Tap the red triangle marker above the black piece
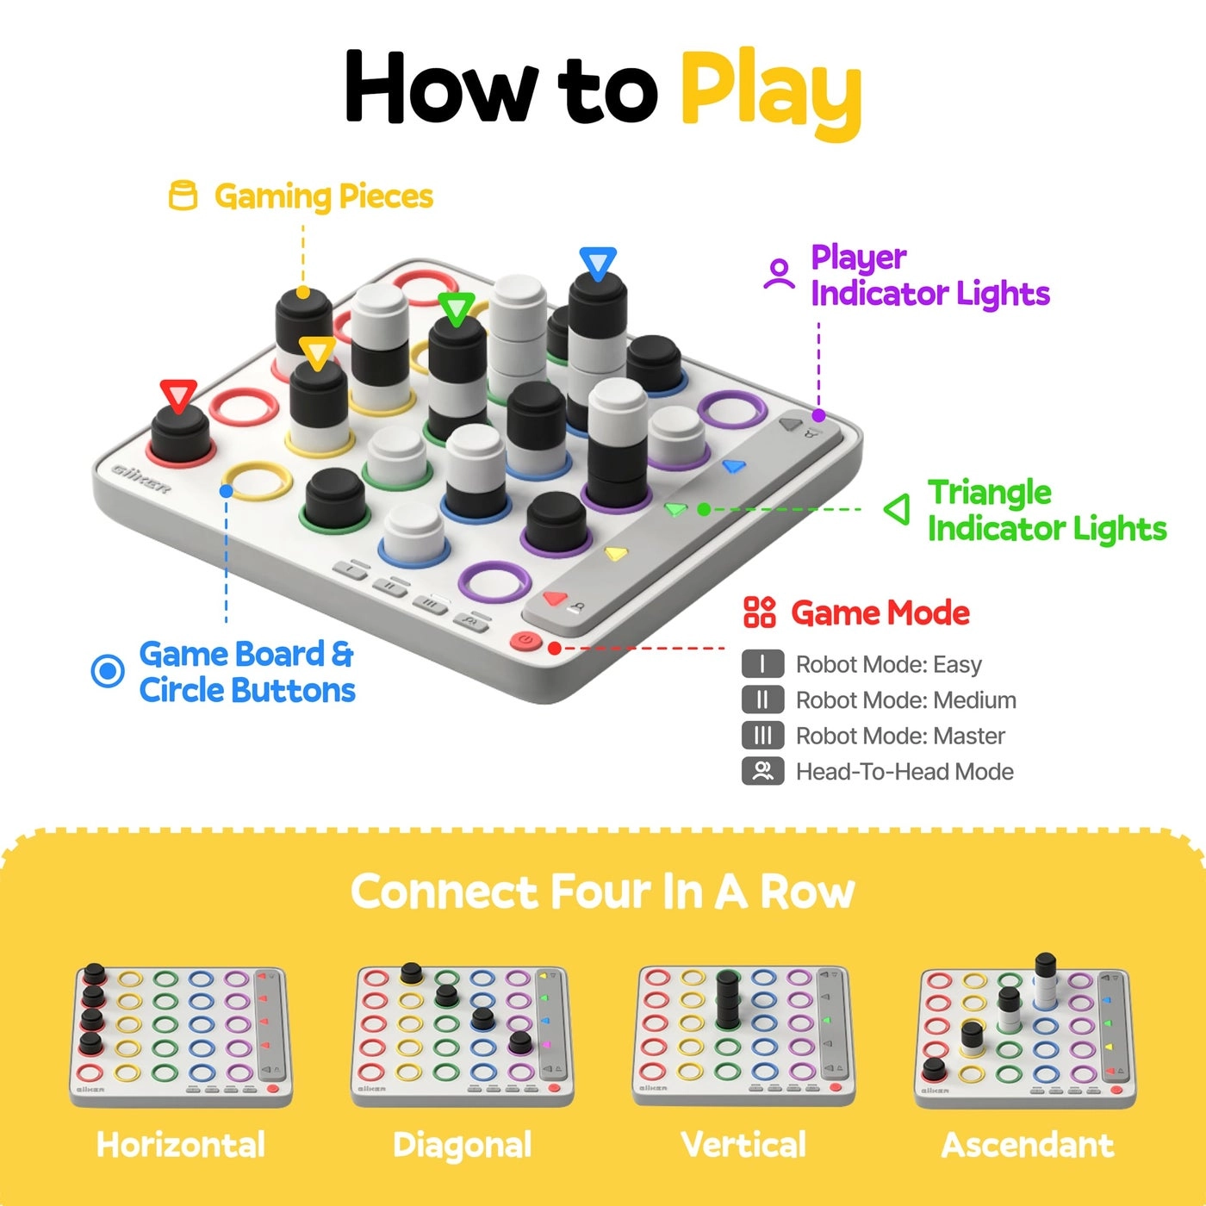point(178,395)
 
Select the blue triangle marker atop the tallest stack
point(598,262)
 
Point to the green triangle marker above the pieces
point(457,308)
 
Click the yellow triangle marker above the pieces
point(317,352)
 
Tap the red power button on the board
point(525,642)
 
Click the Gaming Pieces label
point(323,196)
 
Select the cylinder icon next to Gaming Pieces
point(183,196)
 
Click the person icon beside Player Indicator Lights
point(779,274)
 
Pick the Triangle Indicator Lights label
point(1046,510)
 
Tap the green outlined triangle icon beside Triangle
point(898,509)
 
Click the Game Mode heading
point(880,613)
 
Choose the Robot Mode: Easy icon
point(762,664)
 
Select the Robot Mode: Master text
point(900,736)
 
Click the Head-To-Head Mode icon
point(762,771)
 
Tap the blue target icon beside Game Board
point(108,670)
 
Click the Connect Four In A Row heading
point(602,892)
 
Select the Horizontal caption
point(181,1145)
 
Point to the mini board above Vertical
point(743,1034)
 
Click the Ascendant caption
point(1027,1145)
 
